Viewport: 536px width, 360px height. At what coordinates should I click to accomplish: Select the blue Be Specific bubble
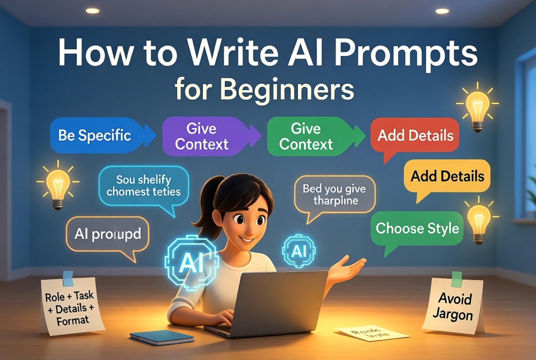tap(95, 135)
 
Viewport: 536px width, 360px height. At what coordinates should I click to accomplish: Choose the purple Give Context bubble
tap(202, 136)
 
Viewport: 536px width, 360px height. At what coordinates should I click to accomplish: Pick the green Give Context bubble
tap(306, 136)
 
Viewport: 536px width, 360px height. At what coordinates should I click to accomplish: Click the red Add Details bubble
tap(415, 135)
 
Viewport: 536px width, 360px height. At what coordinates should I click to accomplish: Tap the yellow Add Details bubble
tap(447, 176)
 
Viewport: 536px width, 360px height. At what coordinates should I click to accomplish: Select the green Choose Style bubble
tap(417, 228)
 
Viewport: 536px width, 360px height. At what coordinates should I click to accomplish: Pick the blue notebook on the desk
tap(162, 337)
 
